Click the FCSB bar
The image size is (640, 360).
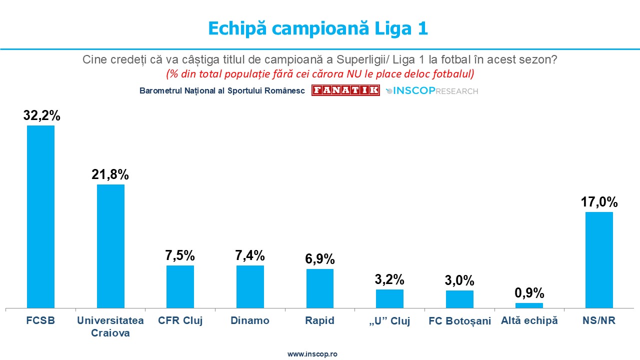[x=40, y=216]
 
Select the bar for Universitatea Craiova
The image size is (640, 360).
[x=110, y=246]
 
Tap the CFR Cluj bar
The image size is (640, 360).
[x=180, y=286]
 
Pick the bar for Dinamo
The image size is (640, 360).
[x=250, y=286]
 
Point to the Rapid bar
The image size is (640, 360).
[x=320, y=288]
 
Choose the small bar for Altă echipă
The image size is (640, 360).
[x=529, y=305]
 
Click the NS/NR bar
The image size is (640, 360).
[x=599, y=260]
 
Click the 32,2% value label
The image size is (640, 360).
[x=41, y=115]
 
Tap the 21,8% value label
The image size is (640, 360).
[x=110, y=174]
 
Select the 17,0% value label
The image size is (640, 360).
[x=599, y=202]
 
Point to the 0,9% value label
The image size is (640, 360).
[x=529, y=293]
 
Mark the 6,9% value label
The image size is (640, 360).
[x=320, y=259]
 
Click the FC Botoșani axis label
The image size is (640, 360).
[x=460, y=321]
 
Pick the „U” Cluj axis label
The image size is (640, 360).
[x=390, y=321]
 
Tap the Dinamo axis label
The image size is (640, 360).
[x=250, y=320]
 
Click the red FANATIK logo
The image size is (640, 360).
[x=345, y=90]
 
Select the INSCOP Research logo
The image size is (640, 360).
[x=432, y=91]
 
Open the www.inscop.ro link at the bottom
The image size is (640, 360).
[x=312, y=353]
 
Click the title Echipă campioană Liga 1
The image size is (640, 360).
[x=318, y=28]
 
